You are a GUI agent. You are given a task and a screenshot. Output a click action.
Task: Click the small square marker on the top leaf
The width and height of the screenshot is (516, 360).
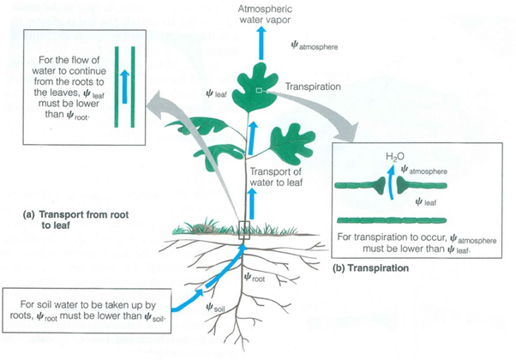click(260, 90)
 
